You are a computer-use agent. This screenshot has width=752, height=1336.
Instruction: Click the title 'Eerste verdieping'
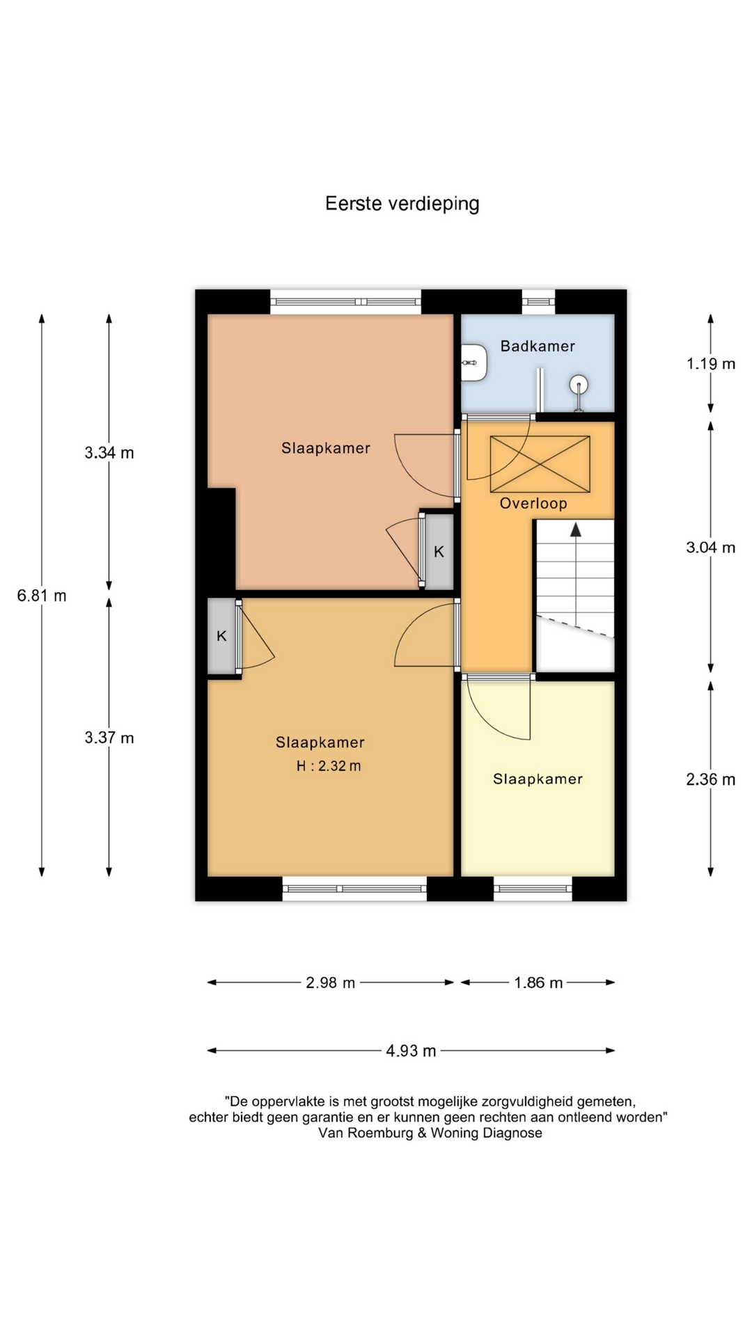[x=402, y=204]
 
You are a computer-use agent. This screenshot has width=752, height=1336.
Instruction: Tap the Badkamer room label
[x=538, y=346]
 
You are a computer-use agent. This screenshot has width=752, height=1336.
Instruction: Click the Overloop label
[x=533, y=504]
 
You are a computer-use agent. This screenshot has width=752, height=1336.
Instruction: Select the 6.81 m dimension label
[x=42, y=596]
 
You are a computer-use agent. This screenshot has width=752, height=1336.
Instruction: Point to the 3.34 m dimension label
[x=109, y=453]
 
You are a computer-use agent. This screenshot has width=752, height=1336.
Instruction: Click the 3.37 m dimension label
[x=109, y=738]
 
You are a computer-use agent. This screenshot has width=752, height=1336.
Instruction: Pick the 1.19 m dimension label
[x=711, y=364]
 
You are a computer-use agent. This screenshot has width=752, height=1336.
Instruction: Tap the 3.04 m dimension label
[x=711, y=548]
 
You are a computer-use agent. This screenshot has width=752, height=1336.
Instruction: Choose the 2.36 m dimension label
[x=711, y=779]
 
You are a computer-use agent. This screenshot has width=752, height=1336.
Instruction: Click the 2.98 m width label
[x=331, y=983]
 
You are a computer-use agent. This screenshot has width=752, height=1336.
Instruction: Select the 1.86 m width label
[x=538, y=983]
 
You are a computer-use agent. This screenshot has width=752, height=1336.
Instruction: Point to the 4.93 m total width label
[x=411, y=1051]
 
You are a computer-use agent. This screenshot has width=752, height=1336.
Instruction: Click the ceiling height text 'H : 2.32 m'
[x=329, y=766]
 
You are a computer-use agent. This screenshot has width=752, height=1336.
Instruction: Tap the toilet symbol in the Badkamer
[x=475, y=362]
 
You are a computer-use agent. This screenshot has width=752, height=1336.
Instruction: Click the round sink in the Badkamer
[x=579, y=384]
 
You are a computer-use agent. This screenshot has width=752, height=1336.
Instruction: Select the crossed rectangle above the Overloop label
[x=540, y=464]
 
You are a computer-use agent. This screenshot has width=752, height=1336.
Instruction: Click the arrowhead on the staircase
[x=576, y=530]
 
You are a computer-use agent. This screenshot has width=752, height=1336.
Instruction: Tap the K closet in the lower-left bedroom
[x=221, y=636]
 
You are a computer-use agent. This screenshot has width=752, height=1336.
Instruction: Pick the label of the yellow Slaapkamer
[x=538, y=779]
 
